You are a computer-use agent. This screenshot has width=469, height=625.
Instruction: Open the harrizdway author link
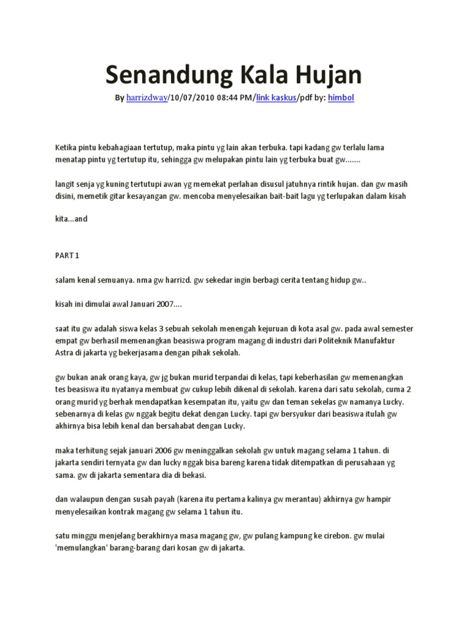point(147,98)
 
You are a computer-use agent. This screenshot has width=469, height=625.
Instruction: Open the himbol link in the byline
point(340,98)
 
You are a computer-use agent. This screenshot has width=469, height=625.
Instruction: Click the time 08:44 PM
point(233,98)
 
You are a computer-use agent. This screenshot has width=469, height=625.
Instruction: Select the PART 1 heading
point(67,255)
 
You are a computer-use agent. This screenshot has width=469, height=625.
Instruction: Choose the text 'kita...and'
point(71,219)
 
